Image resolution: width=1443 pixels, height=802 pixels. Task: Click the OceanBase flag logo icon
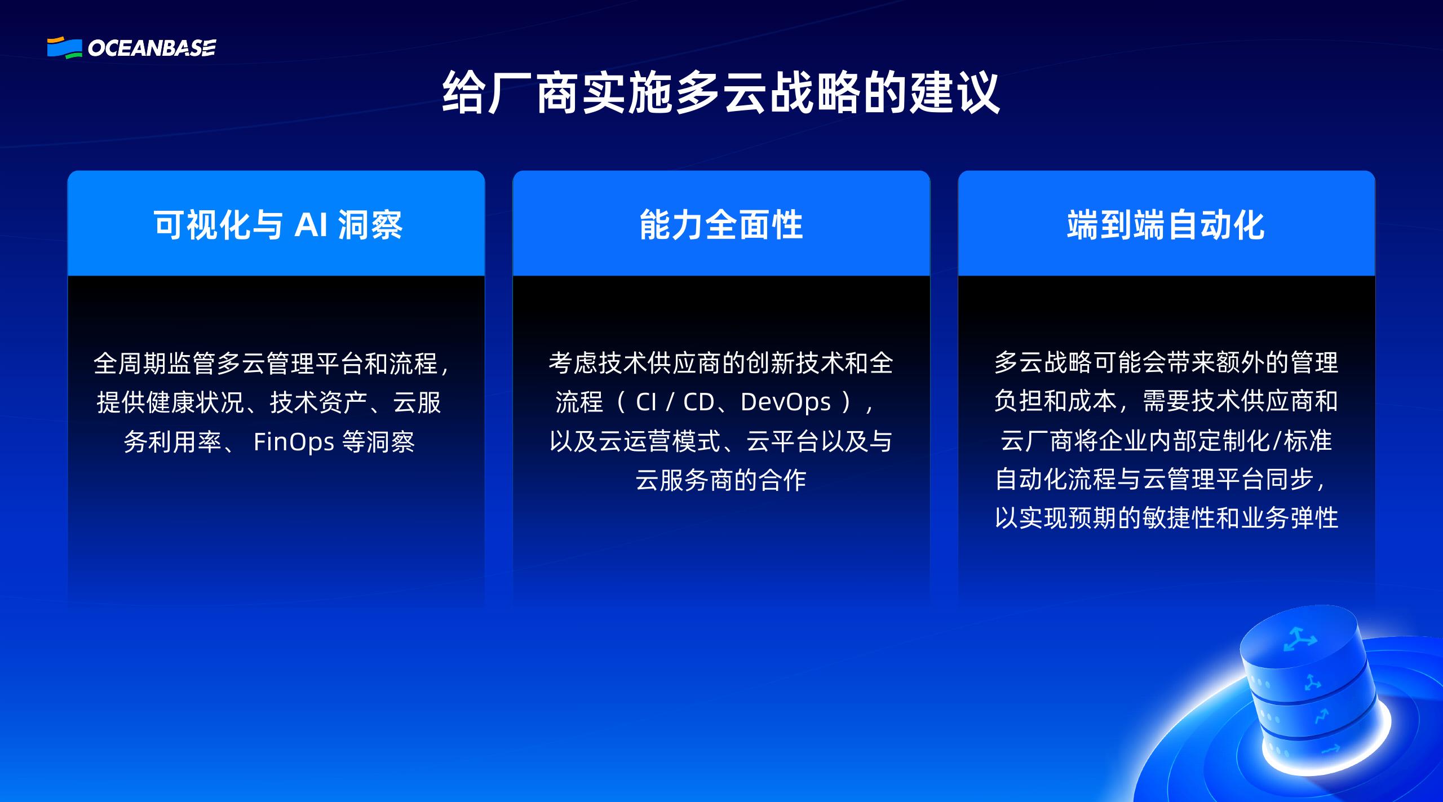64,47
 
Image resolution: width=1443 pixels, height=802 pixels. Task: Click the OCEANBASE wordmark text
152,48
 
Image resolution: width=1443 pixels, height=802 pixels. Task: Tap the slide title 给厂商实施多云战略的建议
721,94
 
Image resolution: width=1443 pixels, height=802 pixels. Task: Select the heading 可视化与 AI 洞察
278,225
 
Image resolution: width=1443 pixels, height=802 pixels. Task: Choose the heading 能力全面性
721,225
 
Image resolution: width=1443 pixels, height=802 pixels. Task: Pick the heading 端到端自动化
1166,225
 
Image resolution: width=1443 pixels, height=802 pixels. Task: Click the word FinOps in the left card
294,442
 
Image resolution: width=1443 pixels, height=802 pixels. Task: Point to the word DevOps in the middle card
785,402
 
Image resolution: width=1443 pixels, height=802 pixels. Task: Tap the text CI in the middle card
646,402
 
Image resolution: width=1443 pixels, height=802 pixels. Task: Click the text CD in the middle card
698,402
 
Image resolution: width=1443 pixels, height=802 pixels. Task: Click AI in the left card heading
311,225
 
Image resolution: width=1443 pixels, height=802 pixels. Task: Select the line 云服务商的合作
721,480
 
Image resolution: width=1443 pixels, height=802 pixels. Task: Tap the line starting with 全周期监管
271,364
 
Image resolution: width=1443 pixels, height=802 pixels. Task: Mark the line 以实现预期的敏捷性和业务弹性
1166,518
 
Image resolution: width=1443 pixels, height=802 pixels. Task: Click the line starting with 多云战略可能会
1166,362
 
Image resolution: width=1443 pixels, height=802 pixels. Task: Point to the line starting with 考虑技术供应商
721,364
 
